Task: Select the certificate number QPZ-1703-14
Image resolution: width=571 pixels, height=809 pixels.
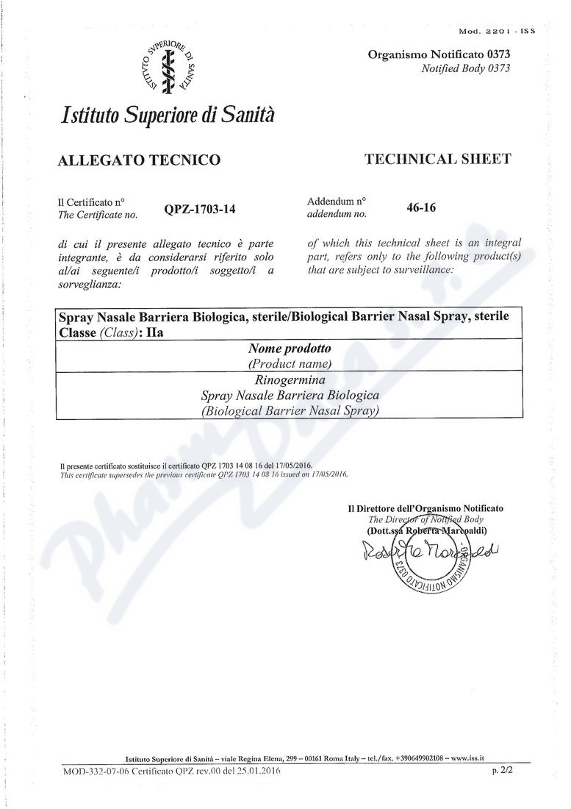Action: point(200,210)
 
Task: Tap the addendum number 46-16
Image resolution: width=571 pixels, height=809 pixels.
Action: point(421,207)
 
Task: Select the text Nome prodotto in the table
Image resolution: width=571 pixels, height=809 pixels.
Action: point(290,349)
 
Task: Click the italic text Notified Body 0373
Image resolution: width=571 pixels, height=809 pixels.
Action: point(465,68)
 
